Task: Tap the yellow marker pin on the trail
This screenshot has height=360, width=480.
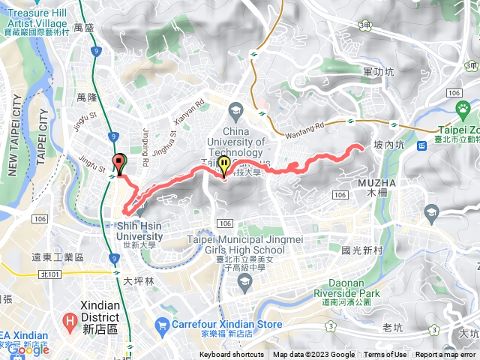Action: pos(223,166)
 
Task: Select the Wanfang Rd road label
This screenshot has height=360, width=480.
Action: pos(304,131)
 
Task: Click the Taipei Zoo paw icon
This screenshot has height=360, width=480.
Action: pos(464,109)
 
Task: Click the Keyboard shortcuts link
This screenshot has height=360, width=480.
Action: pos(231,355)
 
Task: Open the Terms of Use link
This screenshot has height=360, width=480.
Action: pos(385,355)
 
